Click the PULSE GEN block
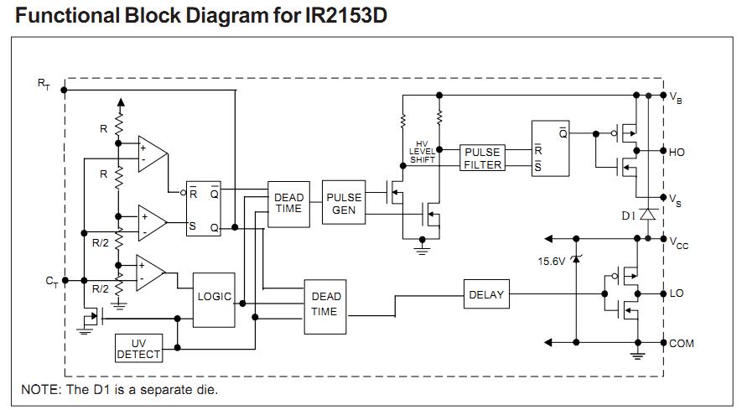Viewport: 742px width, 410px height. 345,204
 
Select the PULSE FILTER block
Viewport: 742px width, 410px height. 483,158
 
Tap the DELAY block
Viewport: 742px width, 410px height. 486,294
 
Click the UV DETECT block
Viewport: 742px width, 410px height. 138,349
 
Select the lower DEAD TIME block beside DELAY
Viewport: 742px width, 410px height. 325,304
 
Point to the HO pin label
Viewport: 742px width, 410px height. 677,153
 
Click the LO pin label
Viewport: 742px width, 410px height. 677,293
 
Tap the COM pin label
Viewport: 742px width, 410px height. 681,343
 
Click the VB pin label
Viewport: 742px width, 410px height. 676,98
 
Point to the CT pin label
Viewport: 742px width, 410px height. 51,282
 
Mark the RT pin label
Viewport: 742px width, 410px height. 44,83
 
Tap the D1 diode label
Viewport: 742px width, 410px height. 628,215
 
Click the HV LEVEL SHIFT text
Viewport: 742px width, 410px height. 422,153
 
